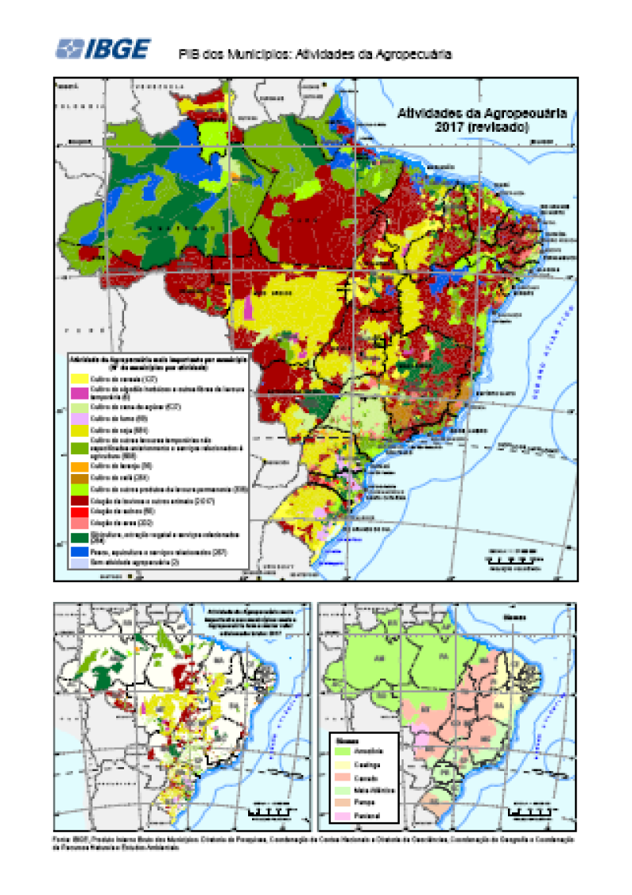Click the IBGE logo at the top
[103, 48]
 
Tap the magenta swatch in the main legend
[80, 393]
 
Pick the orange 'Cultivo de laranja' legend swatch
[80, 466]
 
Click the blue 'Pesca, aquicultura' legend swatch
[80, 551]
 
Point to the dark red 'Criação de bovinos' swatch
[80, 501]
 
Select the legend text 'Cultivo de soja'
[118, 429]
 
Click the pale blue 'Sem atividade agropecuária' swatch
[80, 562]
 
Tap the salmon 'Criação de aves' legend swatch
[80, 523]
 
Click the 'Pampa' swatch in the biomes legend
[343, 800]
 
